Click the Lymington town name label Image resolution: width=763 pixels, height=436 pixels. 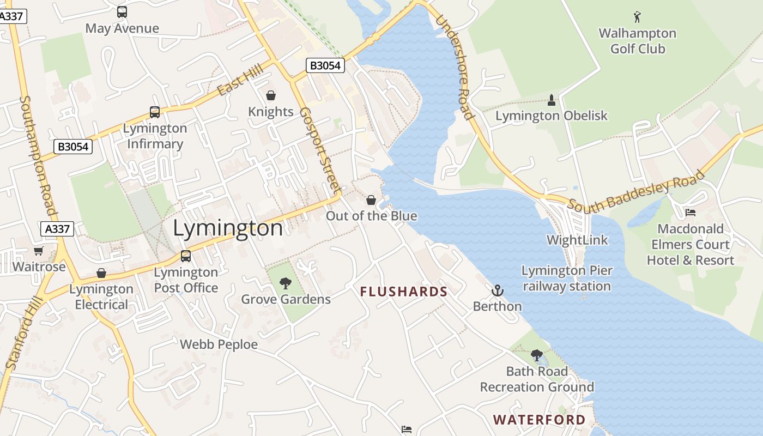tap(228, 228)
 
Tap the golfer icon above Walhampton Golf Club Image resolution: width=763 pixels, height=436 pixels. tap(637, 17)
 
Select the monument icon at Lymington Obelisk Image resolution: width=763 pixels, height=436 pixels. tap(552, 100)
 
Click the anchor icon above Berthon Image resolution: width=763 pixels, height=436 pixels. tap(497, 290)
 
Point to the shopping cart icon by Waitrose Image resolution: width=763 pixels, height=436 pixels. tap(38, 251)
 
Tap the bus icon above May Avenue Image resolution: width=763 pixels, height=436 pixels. tap(122, 11)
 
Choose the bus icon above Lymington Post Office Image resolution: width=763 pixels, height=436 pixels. tap(186, 256)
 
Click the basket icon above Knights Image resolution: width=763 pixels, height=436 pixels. tap(270, 95)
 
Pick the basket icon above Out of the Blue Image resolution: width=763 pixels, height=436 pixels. tap(371, 200)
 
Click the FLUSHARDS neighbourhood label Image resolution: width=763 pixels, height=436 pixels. tap(404, 292)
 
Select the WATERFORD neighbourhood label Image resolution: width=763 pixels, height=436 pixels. tap(539, 420)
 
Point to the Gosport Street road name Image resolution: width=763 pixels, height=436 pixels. tap(320, 149)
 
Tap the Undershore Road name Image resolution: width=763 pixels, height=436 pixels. tap(453, 66)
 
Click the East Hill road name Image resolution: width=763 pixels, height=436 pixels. tap(240, 80)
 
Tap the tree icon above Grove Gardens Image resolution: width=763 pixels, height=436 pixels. tap(285, 283)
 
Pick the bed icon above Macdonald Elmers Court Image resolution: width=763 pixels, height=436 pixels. tap(691, 212)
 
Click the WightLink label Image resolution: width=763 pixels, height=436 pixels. tap(577, 240)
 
